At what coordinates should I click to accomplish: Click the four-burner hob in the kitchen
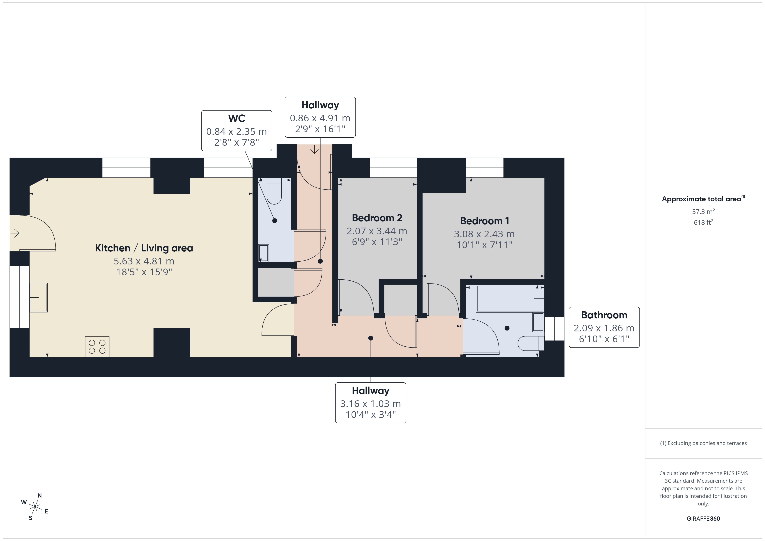[x=97, y=346]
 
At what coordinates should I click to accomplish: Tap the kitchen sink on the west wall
[x=39, y=297]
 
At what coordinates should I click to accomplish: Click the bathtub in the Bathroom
[x=510, y=298]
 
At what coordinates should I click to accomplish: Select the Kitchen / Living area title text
[x=144, y=248]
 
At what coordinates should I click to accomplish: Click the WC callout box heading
[x=237, y=118]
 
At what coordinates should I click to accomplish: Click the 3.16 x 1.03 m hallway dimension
[x=371, y=404]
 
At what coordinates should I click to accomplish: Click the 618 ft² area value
[x=703, y=222]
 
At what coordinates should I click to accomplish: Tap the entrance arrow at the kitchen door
[x=15, y=233]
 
